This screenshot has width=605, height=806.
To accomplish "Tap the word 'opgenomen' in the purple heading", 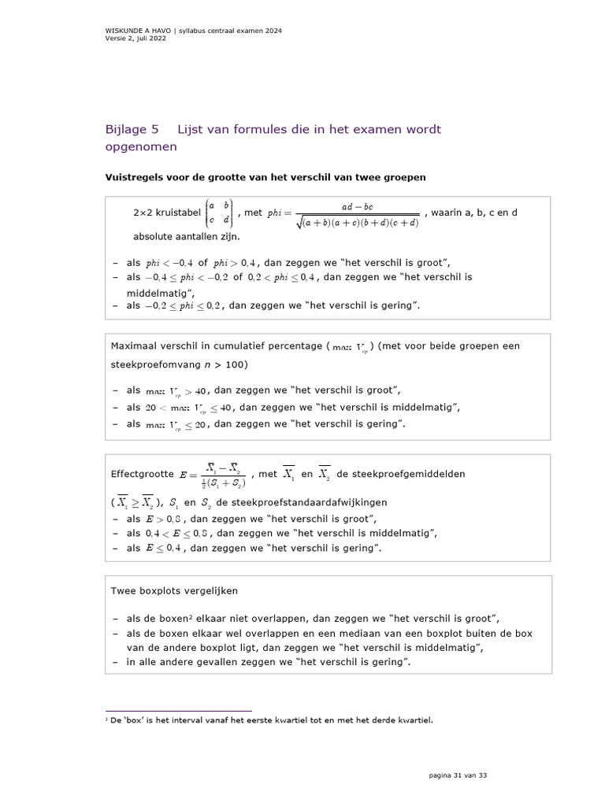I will coord(141,146).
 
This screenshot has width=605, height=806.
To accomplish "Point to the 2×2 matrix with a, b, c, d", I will coord(219,213).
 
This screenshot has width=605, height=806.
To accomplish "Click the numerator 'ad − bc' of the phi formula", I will coord(357,206).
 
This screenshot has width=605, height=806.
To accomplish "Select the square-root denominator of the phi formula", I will coord(357,222).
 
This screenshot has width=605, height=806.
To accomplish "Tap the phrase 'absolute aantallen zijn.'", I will coord(186,235).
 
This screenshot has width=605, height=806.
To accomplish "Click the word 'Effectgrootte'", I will coord(143,474).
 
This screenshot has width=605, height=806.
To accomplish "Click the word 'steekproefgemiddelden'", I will coord(400,474).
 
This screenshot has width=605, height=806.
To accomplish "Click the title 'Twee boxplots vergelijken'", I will coord(174,590).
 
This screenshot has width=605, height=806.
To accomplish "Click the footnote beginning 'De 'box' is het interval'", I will coord(271,719).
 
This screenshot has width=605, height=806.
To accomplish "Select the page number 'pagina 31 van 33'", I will coord(458,775).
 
